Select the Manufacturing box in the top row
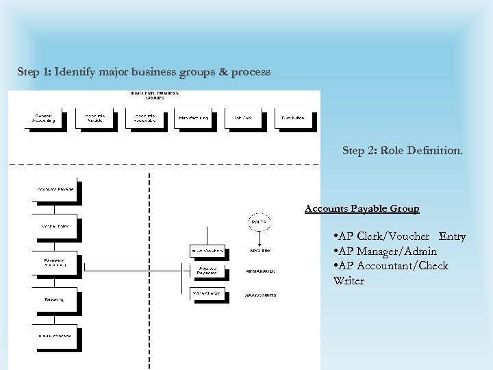pyautogui.click(x=194, y=119)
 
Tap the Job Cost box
pyautogui.click(x=243, y=119)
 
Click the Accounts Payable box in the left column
pyautogui.click(x=55, y=190)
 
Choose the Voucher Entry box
pyautogui.click(x=55, y=225)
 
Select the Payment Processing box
pyautogui.click(x=55, y=262)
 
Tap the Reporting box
pyautogui.click(x=55, y=299)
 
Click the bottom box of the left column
pyautogui.click(x=55, y=336)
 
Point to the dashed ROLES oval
pyautogui.click(x=259, y=223)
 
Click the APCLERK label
pyautogui.click(x=260, y=251)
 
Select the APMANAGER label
pyautogui.click(x=261, y=271)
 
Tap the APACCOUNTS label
pyautogui.click(x=261, y=295)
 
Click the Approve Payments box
pyautogui.click(x=207, y=271)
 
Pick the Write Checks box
pyautogui.click(x=207, y=294)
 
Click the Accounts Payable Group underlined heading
pyautogui.click(x=362, y=208)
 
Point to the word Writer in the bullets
pyautogui.click(x=349, y=281)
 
